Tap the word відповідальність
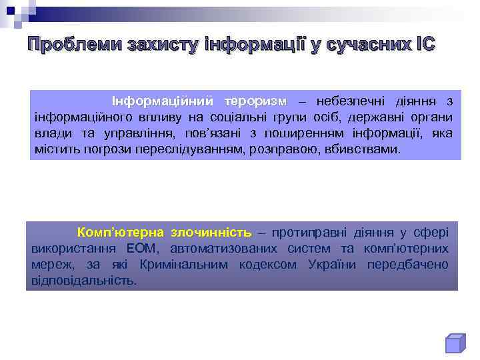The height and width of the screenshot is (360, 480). pos(84,281)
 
